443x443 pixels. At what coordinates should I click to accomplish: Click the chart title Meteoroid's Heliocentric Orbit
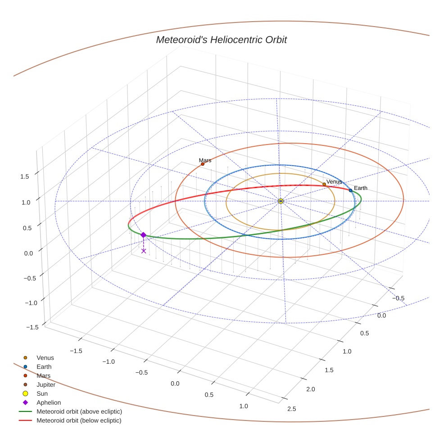pos(221,40)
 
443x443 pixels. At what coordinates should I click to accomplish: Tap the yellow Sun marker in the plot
pos(280,201)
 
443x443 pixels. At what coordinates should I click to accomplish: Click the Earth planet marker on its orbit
pos(350,190)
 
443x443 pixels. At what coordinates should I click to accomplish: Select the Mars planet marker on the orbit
pos(203,164)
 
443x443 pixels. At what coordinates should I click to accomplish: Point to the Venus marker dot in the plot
pos(324,184)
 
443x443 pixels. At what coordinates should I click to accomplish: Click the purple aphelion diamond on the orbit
pos(143,235)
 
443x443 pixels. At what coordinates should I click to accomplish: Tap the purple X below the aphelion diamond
pos(144,251)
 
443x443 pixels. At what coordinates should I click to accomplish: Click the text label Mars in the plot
pos(205,160)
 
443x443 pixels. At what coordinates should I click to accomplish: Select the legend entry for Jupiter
pos(46,384)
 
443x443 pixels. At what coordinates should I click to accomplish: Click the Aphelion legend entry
pos(49,402)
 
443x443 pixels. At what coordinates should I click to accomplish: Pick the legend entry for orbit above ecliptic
pos(79,411)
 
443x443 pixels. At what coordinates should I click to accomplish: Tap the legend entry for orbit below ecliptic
pos(79,420)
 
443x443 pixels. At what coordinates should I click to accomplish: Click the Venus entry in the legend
pos(45,357)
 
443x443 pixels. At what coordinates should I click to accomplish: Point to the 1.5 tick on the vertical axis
pos(24,176)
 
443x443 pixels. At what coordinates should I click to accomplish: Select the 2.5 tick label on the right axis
pos(291,409)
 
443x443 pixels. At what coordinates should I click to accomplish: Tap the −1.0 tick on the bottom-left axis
pos(108,362)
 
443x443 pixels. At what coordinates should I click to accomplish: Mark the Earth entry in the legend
pos(44,366)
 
